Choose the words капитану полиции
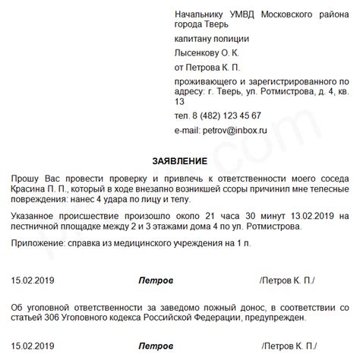click(211, 39)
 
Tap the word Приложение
click(39, 242)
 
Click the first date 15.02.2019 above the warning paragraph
click(32, 280)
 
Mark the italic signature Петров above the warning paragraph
click(156, 280)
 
